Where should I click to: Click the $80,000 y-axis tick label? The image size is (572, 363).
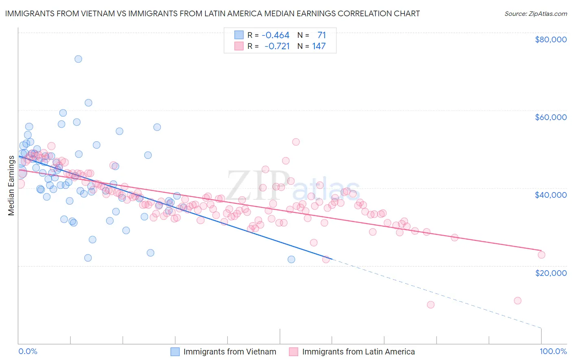[551, 39]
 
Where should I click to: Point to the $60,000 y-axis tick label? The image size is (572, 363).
[551, 117]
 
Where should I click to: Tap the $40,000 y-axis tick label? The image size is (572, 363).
[551, 195]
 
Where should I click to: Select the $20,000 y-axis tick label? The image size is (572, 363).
[551, 273]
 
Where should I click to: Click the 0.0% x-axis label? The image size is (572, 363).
[28, 351]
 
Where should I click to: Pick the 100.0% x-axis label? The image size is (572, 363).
[553, 351]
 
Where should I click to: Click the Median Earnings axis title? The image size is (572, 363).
[11, 186]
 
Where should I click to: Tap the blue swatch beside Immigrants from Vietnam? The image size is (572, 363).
[175, 352]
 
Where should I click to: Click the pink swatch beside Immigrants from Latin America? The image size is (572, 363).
[294, 352]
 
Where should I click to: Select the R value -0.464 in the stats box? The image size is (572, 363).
[275, 35]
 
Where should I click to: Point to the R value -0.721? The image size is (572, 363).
[277, 46]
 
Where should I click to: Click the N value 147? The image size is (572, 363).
[319, 46]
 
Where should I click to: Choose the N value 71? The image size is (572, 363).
[321, 35]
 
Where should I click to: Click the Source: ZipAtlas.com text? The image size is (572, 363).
[535, 14]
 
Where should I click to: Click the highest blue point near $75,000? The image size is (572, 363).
[78, 59]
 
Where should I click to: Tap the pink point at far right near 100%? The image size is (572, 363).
[541, 255]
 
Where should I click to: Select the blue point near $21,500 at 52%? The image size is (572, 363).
[291, 259]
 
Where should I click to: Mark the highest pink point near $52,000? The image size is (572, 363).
[296, 142]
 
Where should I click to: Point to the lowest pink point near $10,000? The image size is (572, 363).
[430, 305]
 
